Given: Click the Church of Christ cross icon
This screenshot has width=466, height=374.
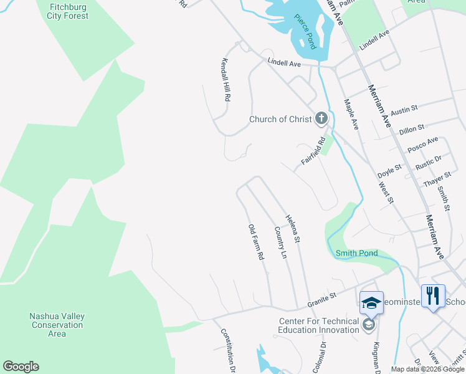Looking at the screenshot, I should coord(321,118).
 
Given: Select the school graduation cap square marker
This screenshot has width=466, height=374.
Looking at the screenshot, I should coord(371,302).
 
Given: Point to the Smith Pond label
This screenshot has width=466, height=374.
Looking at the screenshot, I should coord(356,254).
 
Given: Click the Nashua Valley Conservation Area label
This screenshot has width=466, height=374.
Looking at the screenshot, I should coord(57,325).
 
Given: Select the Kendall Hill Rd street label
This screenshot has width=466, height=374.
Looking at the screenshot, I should coord(226,80).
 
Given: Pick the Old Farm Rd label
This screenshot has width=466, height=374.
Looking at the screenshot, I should coord(257,242).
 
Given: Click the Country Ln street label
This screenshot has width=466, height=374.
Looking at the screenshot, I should coord(280,243).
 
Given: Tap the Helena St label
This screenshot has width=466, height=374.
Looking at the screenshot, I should coord(293,229).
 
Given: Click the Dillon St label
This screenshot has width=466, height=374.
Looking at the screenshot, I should coord(411,128).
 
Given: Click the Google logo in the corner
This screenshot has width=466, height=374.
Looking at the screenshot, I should coord(21,367).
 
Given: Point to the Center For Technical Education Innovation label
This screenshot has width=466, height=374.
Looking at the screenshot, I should coord(318,326).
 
